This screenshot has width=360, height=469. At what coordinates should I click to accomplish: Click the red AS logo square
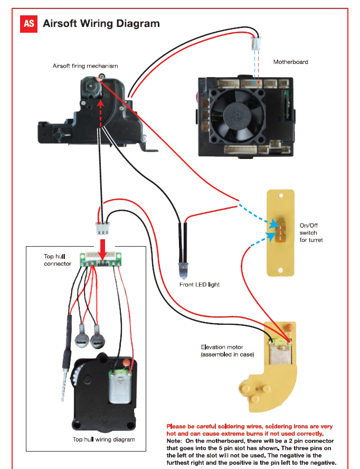29,24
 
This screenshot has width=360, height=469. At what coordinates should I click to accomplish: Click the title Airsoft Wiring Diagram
101,24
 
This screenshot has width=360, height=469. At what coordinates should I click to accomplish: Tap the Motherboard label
290,62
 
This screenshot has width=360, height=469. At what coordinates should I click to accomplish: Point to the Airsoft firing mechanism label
85,66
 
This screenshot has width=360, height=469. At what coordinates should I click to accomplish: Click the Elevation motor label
228,351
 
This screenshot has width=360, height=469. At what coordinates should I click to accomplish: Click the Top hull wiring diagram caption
103,439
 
